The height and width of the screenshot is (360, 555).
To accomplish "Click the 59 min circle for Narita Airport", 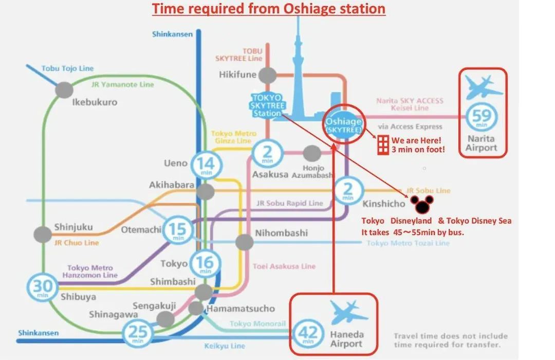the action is (482, 117).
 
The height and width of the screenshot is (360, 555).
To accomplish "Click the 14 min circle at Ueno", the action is (207, 165).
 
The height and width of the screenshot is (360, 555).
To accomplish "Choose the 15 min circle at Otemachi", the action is (178, 230).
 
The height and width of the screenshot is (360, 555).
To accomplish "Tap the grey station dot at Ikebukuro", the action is (64, 90).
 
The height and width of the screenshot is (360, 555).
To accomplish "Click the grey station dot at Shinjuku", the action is (43, 235).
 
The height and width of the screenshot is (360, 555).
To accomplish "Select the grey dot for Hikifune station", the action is (267, 75).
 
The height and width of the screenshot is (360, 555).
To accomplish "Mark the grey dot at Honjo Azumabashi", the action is (312, 153).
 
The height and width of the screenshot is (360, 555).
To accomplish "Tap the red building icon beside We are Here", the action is (383, 145).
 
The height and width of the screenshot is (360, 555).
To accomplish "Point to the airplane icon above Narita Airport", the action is (483, 87).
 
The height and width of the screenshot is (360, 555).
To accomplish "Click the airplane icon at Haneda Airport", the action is (348, 312).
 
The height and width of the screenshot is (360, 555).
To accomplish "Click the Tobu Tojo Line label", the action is (68, 68).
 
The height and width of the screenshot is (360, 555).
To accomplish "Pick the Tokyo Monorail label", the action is (257, 323).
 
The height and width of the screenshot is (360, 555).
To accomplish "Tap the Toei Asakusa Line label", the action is (284, 266).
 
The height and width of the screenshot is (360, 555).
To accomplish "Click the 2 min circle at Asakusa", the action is (267, 154).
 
